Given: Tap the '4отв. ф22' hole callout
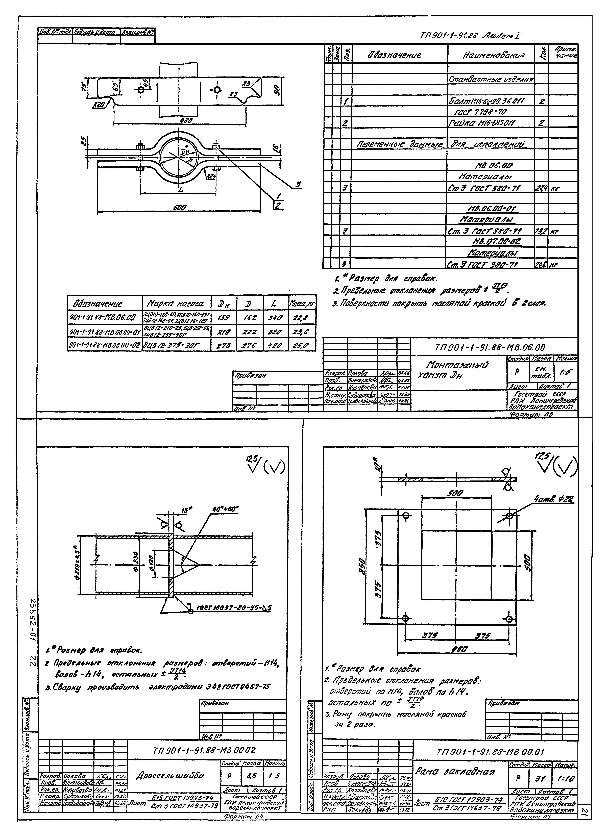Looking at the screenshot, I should (553, 500).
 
